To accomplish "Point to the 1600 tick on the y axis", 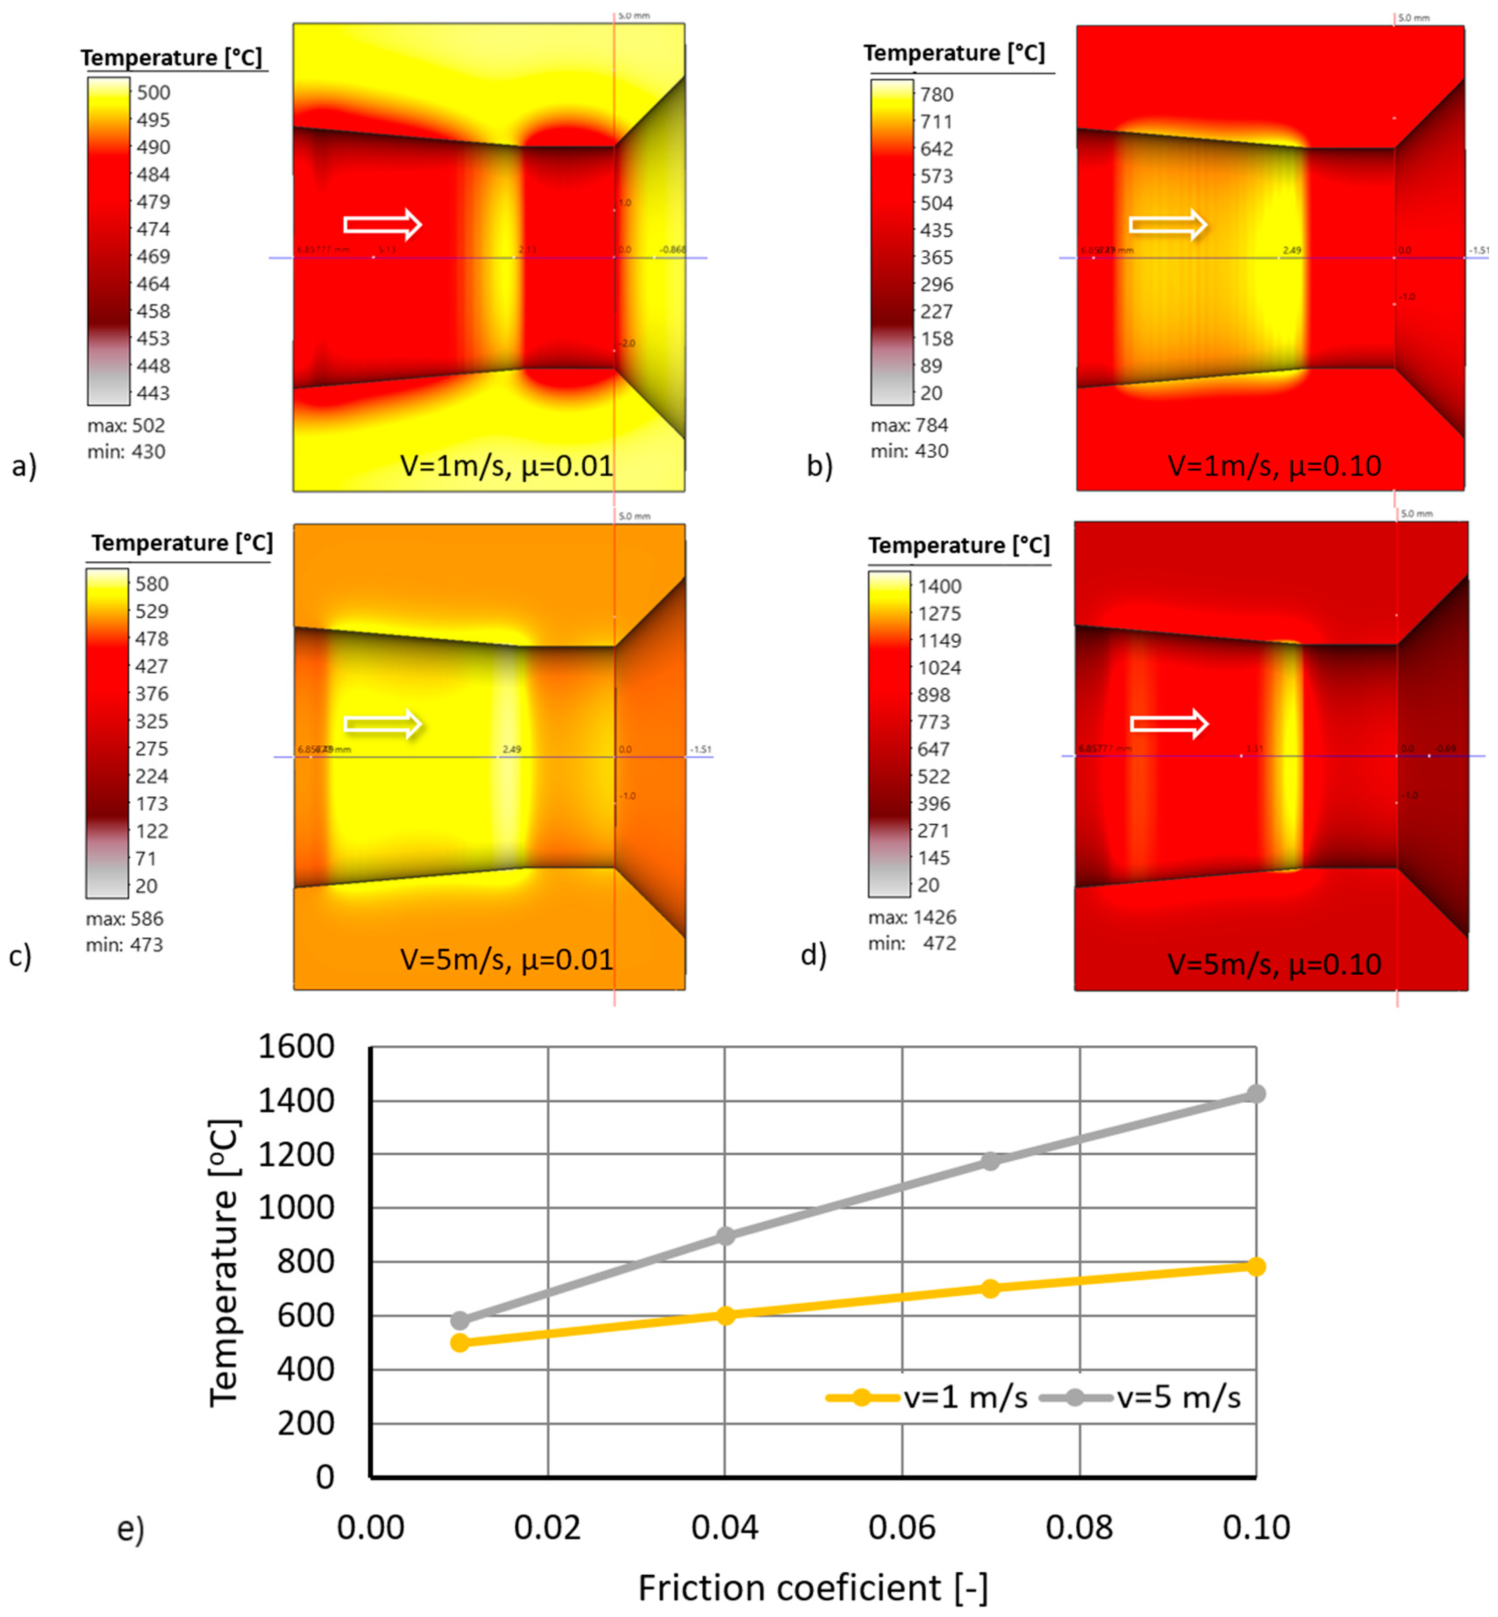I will click(296, 1047).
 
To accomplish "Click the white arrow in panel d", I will click(1168, 723).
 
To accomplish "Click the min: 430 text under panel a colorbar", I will click(126, 452).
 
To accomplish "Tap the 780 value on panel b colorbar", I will click(936, 94).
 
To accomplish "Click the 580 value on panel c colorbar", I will click(152, 584).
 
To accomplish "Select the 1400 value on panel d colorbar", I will click(939, 586).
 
